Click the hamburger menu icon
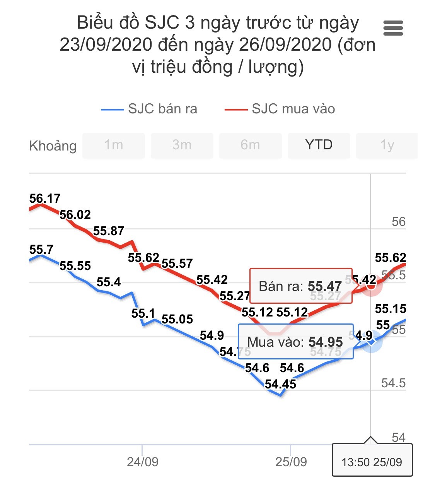tap(393, 28)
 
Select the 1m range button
tap(114, 145)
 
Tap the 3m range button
tap(182, 145)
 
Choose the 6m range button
tap(250, 145)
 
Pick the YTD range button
tap(319, 145)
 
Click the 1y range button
tap(387, 145)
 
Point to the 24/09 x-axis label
tap(142, 462)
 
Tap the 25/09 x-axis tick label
tap(291, 462)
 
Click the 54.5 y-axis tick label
tap(393, 383)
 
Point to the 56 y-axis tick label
tap(398, 222)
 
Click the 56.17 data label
tap(45, 198)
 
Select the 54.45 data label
tap(280, 384)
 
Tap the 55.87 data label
tap(109, 231)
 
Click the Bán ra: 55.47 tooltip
tap(300, 286)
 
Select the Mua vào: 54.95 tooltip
tap(295, 342)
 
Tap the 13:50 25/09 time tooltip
tap(372, 462)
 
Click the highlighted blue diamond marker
tap(371, 342)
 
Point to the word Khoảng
tap(53, 146)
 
